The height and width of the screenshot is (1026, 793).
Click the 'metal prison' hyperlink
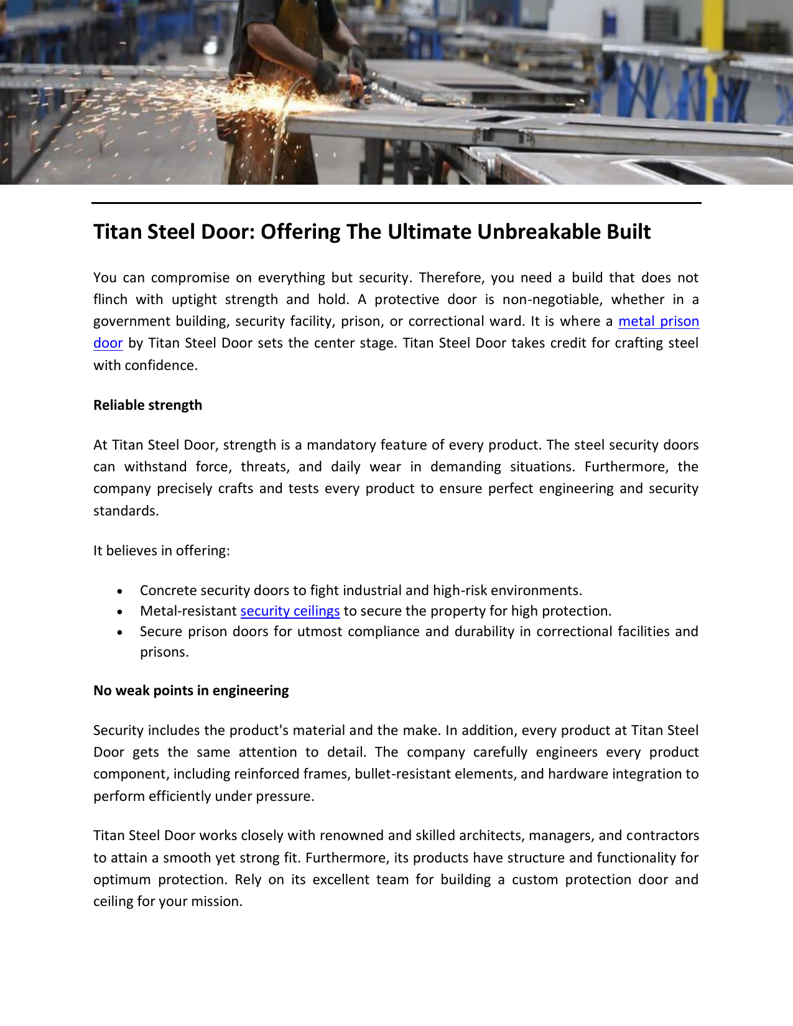[x=658, y=321]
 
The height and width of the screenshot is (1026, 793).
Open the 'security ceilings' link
[x=290, y=611]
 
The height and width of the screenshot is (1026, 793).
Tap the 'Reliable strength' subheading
[x=147, y=405]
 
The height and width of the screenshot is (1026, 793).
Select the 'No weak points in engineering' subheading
[x=191, y=691]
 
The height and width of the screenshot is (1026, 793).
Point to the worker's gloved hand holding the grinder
[x=326, y=77]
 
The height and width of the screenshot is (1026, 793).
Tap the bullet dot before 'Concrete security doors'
[x=119, y=591]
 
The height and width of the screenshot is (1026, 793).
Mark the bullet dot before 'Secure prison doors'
[x=119, y=632]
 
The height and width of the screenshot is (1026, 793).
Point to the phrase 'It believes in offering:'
[x=162, y=551]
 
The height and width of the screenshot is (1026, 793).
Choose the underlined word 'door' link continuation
[x=108, y=343]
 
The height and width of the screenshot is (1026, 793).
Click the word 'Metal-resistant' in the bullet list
[x=188, y=611]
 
